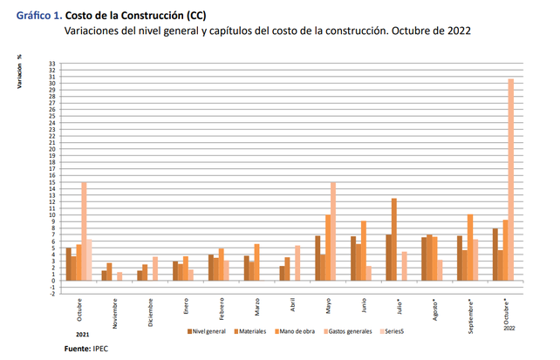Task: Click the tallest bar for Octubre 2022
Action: (510, 180)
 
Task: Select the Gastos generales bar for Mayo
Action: (332, 231)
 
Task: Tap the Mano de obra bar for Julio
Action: (394, 240)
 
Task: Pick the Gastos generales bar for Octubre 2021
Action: (84, 231)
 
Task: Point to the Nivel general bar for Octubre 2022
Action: (495, 255)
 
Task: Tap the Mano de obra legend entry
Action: (301, 331)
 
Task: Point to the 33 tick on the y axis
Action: (52, 64)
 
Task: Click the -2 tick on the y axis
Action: (52, 294)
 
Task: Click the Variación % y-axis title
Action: (19, 73)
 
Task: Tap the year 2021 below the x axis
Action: (81, 334)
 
